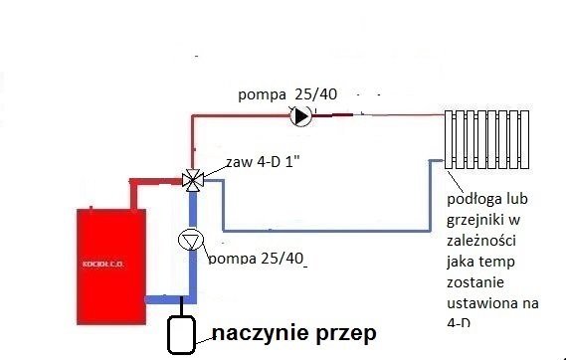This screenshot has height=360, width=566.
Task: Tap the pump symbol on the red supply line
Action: (299, 116)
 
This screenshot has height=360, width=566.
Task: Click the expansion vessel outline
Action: (179, 334)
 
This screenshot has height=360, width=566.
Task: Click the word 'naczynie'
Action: (258, 333)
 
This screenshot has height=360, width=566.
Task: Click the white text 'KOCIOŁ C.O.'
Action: (110, 269)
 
